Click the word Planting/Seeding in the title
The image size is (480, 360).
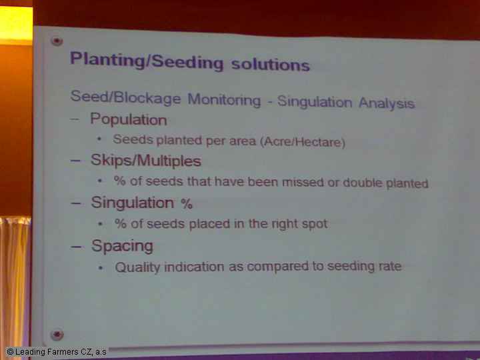[147, 61]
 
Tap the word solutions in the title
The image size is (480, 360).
[271, 64]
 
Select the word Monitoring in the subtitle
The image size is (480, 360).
[224, 99]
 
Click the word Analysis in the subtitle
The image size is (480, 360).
[387, 103]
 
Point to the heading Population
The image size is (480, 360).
[129, 119]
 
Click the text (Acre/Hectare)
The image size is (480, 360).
[303, 142]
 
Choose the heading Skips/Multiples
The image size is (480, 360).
[146, 161]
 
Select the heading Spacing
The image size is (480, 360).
[122, 246]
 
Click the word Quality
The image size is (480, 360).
[137, 267]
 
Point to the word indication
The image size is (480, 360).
[194, 267]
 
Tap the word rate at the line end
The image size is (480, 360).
[390, 266]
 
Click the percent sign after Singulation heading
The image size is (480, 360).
[187, 203]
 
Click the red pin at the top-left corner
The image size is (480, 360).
[57, 41]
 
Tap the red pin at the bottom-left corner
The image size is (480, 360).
[57, 334]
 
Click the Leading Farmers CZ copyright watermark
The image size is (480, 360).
[56, 352]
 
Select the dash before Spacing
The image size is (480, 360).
[75, 247]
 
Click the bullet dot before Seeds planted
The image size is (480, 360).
[99, 139]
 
